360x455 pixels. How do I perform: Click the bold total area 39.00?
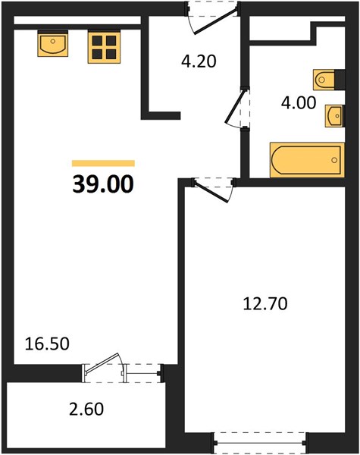coord(103,184)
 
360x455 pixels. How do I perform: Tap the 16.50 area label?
coord(47,344)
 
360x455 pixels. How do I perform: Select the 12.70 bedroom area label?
coord(265,304)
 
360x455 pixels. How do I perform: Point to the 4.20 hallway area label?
coord(199,61)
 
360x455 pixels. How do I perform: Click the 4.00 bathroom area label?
coord(299,103)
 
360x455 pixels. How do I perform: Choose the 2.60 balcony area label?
coord(86,409)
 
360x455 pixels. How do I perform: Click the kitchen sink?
coord(53,43)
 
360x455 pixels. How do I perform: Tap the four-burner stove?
coord(104,48)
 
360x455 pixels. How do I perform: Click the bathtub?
coord(307,160)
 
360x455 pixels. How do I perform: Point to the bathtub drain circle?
coord(334,160)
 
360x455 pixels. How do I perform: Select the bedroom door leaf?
coord(211,191)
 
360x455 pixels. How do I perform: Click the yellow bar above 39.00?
coord(103,163)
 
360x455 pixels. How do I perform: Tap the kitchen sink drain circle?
coord(53,41)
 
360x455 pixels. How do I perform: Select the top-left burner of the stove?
coord(97,41)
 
